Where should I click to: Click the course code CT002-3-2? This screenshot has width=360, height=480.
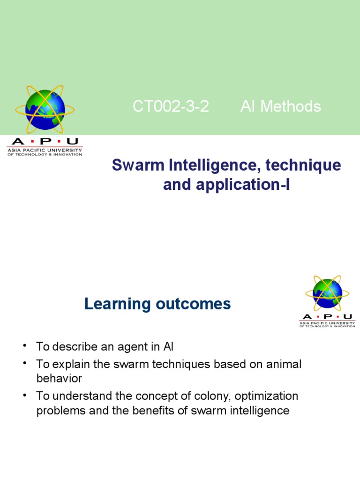[x=171, y=107]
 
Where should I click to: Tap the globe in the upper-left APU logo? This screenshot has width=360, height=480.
[x=45, y=109]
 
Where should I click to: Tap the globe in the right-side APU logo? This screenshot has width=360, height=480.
[x=328, y=293]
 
